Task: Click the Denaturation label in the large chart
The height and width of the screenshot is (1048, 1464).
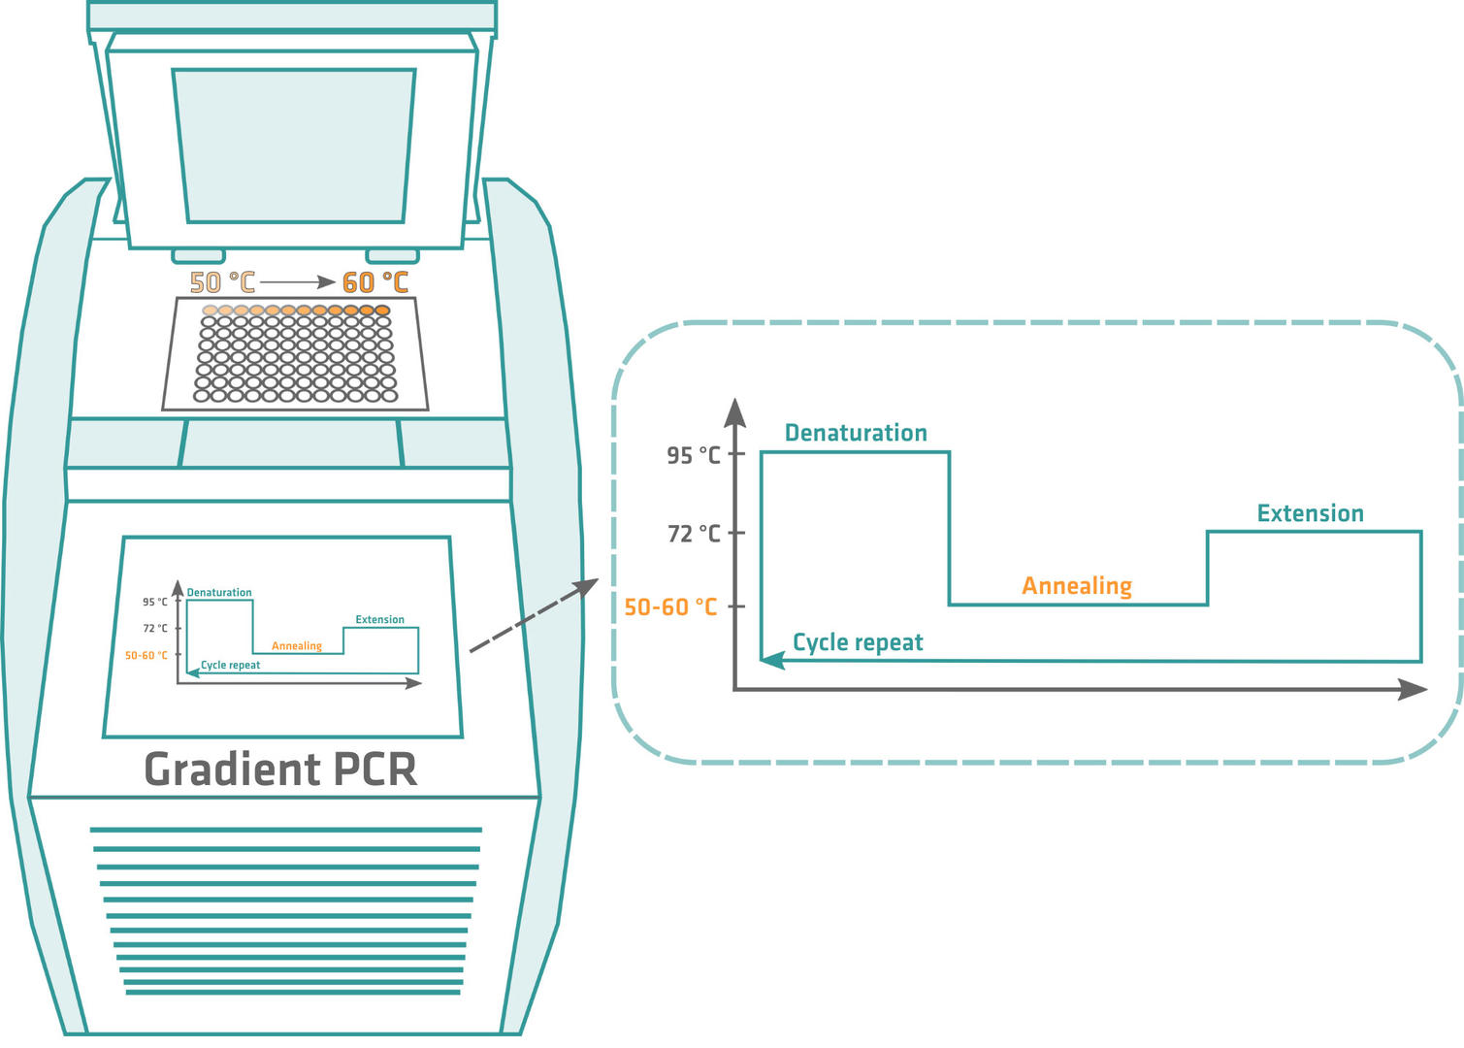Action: coord(856,433)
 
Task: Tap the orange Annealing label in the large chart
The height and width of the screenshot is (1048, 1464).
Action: coord(1077,586)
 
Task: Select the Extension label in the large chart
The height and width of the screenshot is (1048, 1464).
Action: coord(1310,513)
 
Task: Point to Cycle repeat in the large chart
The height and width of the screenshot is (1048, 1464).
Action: coord(858,642)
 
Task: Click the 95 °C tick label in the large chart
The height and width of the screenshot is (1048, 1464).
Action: coord(694,455)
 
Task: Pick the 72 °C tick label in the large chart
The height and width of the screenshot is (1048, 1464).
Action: coord(694,534)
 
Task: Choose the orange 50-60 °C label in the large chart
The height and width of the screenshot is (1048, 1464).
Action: coord(670,607)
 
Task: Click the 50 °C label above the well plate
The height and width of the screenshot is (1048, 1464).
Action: coord(222,282)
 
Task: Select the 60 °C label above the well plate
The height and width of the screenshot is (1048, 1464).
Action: coord(375,282)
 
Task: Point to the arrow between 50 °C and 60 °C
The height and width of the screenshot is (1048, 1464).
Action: coord(298,282)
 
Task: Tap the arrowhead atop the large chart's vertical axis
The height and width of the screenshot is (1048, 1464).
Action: coord(735,411)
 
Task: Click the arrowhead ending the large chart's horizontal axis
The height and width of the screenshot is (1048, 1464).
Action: coord(1414,689)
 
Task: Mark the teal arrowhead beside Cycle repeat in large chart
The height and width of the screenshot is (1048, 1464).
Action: coord(772,660)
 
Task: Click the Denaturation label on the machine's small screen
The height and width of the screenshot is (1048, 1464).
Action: coord(219,592)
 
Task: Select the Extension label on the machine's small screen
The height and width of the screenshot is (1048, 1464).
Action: coord(379,619)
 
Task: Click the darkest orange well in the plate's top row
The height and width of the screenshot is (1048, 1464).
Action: coord(382,311)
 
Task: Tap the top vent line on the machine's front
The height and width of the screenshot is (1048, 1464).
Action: coord(286,830)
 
